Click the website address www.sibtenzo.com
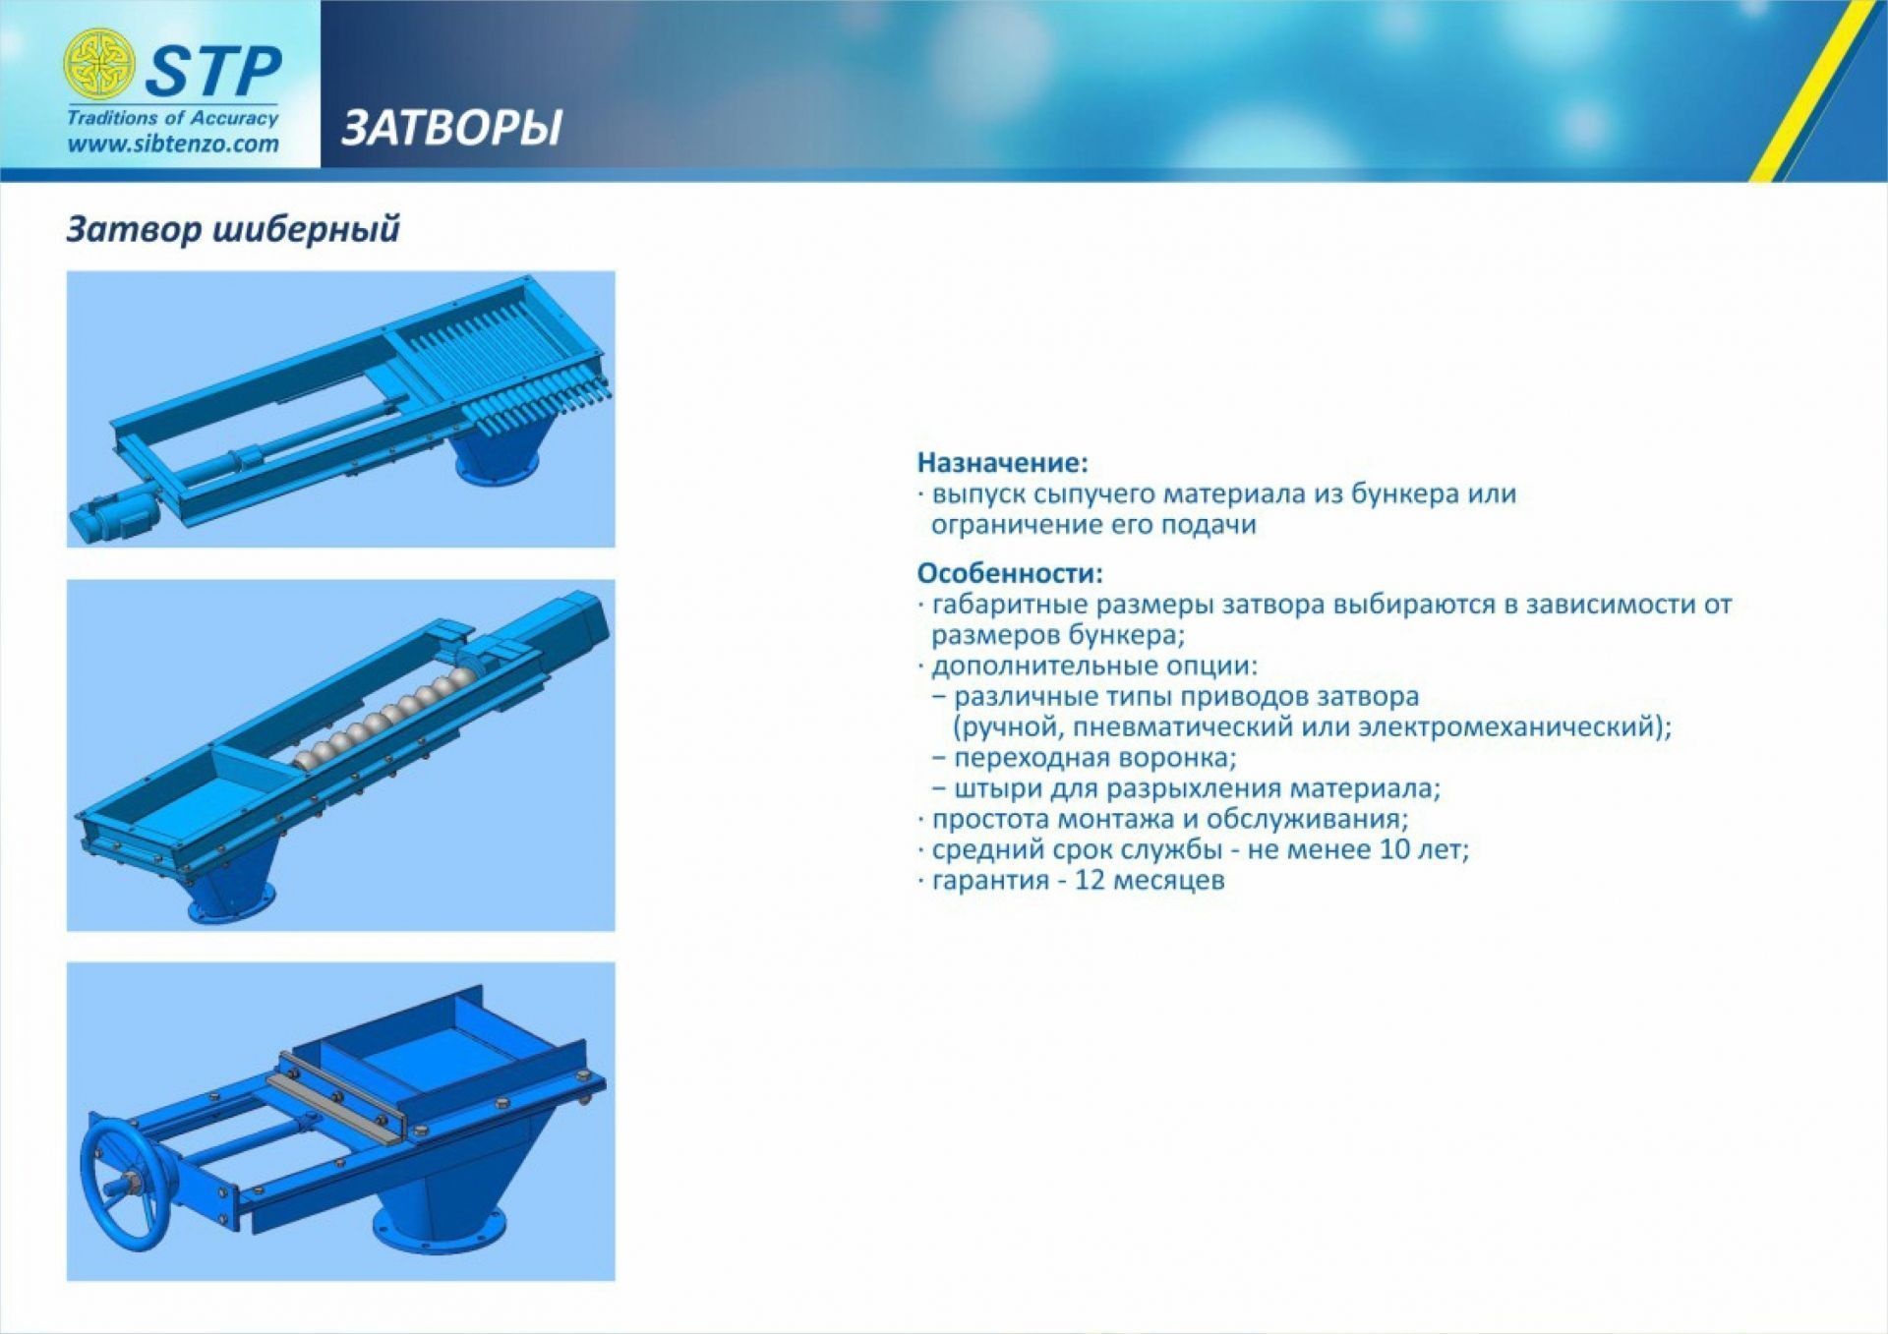[173, 144]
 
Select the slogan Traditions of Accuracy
[173, 118]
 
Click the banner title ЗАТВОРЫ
[451, 128]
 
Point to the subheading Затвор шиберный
[233, 229]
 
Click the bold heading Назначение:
[1003, 462]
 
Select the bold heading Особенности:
[1010, 572]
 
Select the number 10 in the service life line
[1395, 848]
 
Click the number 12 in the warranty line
[1091, 879]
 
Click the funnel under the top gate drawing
[500, 451]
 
